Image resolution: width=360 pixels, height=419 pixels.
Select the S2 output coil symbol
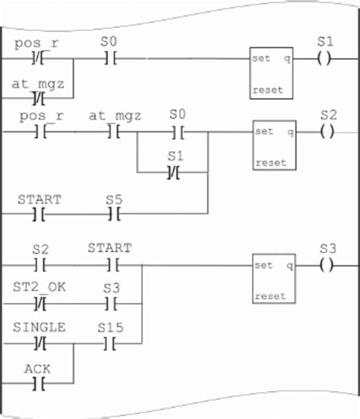point(327,131)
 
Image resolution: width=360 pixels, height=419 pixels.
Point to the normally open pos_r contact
point(39,132)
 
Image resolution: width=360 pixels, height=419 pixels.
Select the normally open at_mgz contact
point(113,132)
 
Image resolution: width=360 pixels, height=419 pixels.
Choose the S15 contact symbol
point(113,343)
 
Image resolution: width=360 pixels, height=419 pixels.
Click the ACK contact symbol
point(39,383)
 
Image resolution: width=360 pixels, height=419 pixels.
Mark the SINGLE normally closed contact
point(39,343)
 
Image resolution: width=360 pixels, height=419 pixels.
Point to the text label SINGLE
point(39,327)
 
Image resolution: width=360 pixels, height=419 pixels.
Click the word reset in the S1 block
point(267,90)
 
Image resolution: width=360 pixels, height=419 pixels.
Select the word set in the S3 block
point(264,266)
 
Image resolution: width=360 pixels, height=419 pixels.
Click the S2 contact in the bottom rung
point(39,266)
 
